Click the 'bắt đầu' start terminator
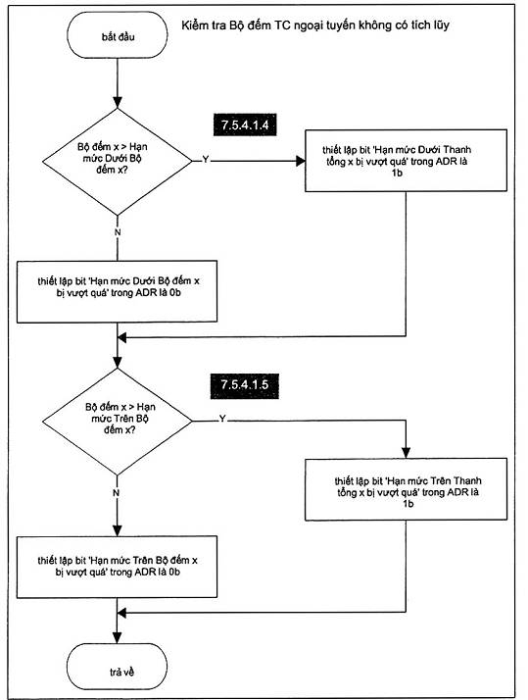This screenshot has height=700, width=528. (118, 35)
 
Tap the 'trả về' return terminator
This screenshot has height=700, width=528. (118, 667)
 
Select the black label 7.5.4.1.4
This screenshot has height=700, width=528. (245, 125)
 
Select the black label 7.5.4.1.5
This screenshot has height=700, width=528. (245, 385)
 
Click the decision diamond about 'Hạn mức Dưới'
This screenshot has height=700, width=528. (118, 161)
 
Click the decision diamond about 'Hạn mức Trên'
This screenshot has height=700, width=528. (118, 421)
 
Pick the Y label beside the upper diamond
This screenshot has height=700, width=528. (206, 160)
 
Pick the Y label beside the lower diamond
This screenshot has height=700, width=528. (222, 419)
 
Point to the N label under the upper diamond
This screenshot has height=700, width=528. (118, 232)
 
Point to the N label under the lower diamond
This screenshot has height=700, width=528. (116, 493)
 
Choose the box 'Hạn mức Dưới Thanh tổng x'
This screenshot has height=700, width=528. (406, 161)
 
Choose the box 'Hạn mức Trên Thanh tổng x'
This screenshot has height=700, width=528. (406, 489)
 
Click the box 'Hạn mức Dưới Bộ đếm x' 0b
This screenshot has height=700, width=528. (117, 291)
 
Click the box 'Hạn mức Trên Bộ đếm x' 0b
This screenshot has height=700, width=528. (117, 567)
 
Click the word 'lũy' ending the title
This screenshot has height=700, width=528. (440, 25)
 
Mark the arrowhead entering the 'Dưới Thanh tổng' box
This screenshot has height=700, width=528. (301, 161)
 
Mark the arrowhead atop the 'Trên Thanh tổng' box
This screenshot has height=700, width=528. (406, 453)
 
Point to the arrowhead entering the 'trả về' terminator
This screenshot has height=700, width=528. (118, 638)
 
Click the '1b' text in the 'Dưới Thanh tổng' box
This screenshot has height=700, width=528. (396, 173)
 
